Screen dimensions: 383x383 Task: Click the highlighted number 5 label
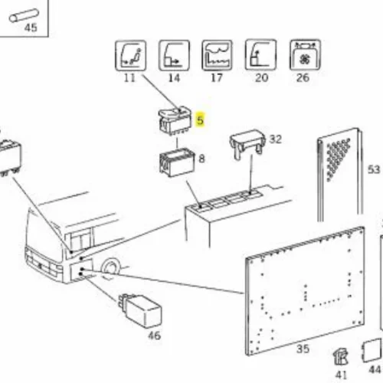[x=201, y=119]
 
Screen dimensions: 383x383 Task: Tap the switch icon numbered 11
[x=130, y=55]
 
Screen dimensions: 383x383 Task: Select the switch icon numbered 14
[x=174, y=55]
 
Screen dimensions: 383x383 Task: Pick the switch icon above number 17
[x=217, y=55]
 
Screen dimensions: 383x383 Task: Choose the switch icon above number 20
[x=260, y=54]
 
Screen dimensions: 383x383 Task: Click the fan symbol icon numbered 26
[x=305, y=54]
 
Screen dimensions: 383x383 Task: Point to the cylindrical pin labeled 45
[x=24, y=15]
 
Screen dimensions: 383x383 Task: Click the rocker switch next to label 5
[x=175, y=121]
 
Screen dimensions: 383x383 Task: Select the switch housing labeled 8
[x=177, y=162]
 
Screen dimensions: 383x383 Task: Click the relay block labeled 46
[x=140, y=310]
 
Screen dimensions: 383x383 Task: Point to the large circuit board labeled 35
[x=305, y=290]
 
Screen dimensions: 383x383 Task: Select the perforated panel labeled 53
[x=339, y=175]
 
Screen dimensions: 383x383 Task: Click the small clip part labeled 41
[x=341, y=357]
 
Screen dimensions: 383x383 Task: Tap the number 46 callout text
[x=155, y=336]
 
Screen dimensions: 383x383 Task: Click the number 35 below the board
[x=303, y=349]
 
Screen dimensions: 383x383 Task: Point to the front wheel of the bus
[x=110, y=267]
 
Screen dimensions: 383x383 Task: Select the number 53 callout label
[x=374, y=169]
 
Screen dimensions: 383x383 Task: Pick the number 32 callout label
[x=276, y=139]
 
